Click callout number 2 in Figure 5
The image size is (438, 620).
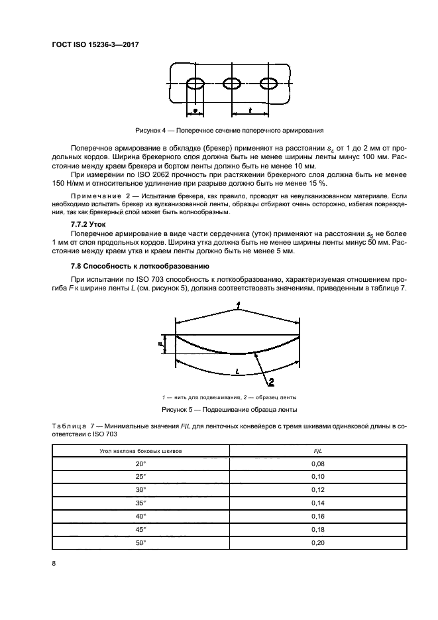pos(271,381)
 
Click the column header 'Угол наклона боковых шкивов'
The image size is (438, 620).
pos(140,452)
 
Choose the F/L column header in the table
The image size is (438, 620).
pos(317,452)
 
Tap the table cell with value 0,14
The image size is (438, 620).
pos(317,503)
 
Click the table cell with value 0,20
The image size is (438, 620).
pos(317,542)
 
